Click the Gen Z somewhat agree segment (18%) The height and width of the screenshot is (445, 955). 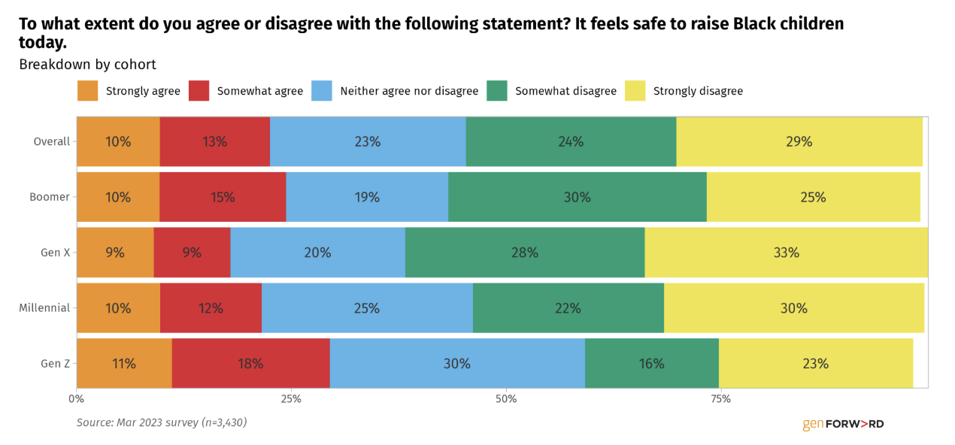250,363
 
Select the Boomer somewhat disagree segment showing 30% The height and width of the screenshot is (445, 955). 578,197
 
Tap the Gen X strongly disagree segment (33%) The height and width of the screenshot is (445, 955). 786,253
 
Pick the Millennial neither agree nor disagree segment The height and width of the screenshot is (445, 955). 367,307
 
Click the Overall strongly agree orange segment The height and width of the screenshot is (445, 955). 119,141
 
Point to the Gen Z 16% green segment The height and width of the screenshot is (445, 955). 652,363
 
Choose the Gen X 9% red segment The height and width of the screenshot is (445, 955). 193,253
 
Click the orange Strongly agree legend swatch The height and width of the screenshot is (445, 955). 87,91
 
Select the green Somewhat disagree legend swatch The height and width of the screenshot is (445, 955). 497,91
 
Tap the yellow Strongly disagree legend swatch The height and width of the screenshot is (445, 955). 635,91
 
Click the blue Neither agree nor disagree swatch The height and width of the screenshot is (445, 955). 321,91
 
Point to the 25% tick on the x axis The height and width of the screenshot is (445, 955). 291,399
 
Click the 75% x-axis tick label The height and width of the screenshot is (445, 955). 721,399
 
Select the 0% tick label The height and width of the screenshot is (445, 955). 76,399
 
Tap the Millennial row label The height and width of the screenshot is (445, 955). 44,307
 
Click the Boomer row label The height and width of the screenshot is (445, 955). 50,197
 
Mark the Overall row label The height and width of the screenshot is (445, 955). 52,141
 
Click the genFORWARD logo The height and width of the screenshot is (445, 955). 843,424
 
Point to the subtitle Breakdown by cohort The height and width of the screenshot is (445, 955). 87,65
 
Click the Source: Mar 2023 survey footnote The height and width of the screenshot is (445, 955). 162,422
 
